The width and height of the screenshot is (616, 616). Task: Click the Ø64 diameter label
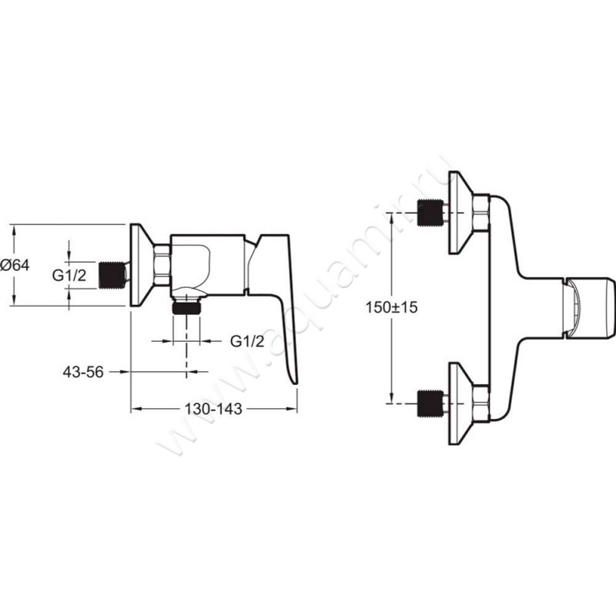coord(15,265)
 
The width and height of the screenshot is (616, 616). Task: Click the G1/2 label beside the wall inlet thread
coord(69,276)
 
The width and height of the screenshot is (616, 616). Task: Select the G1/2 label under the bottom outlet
coord(247,341)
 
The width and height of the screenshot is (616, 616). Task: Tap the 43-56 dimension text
coord(83,372)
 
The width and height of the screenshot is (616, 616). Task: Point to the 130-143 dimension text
coord(213,409)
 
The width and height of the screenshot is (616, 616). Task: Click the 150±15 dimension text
coord(391,306)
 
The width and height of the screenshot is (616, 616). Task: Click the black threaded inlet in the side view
coord(112,275)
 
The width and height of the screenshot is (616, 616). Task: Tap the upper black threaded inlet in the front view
coord(430,213)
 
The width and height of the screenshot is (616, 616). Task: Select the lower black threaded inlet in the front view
coord(430,403)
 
